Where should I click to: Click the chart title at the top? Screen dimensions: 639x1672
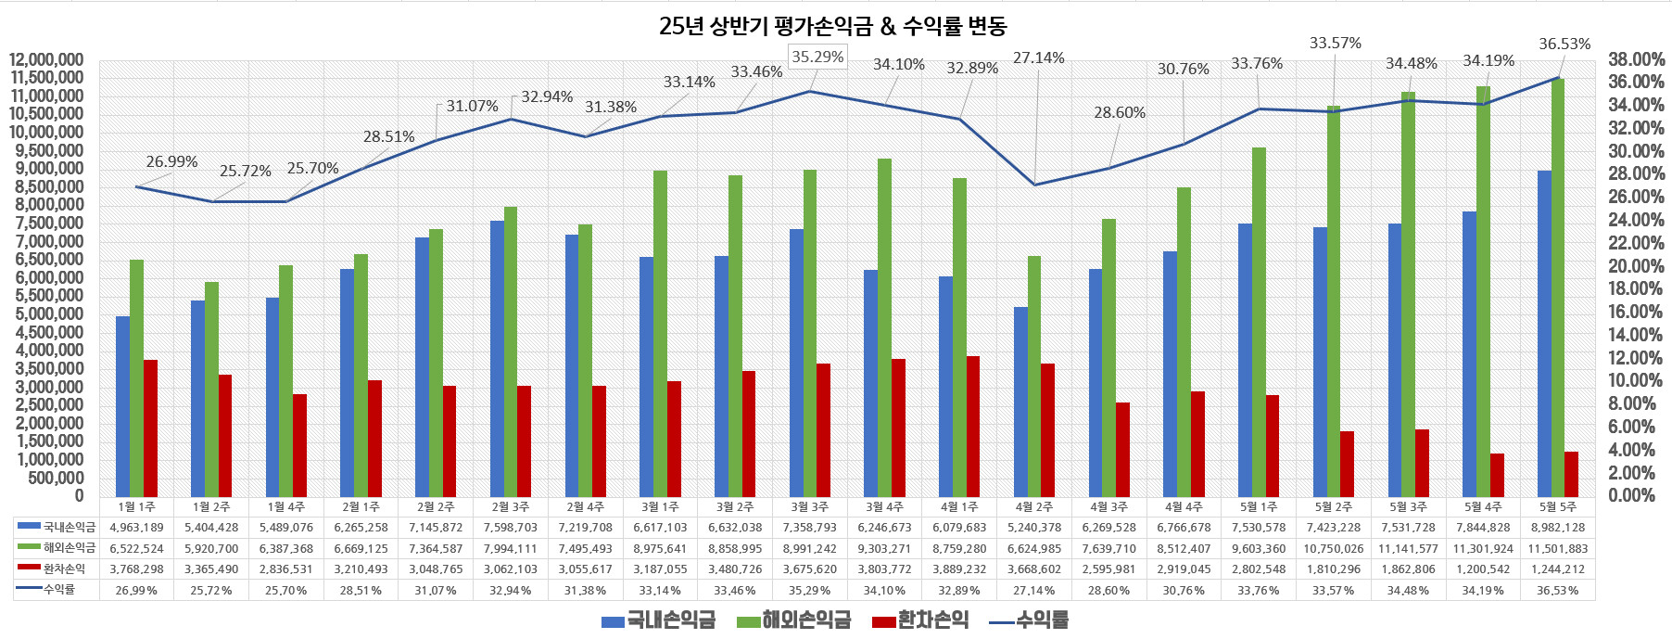click(832, 26)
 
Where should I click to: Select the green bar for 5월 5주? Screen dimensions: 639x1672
click(1558, 288)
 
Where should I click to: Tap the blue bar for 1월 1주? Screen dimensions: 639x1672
click(122, 406)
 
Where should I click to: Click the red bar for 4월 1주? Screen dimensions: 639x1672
click(973, 427)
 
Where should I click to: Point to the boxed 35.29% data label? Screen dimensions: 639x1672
click(817, 58)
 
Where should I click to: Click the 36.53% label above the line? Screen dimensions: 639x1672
click(1564, 44)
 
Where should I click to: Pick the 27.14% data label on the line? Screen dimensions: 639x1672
click(1038, 58)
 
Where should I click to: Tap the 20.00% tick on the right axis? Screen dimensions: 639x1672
click(1636, 266)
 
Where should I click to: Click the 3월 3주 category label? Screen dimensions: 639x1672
click(810, 507)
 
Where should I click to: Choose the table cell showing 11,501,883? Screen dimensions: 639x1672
click(1558, 548)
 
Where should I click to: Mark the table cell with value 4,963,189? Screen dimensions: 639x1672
click(136, 528)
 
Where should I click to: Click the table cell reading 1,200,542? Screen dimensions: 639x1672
click(1483, 569)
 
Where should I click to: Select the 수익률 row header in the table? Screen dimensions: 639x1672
click(58, 589)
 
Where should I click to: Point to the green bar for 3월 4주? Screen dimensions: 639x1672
click(885, 327)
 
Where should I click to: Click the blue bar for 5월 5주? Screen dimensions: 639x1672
click(1544, 334)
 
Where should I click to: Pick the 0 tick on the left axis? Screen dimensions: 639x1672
click(79, 496)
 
